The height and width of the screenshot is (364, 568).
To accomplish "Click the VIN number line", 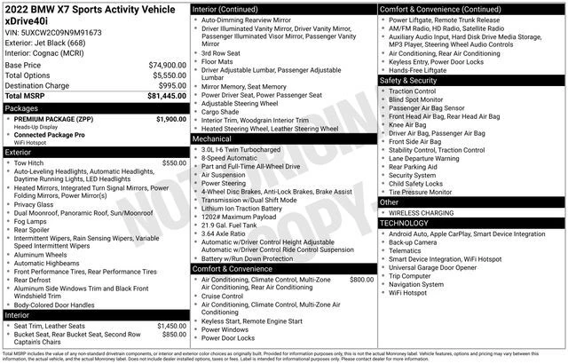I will pos(53,31).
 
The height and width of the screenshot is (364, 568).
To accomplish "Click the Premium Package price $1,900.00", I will pos(170,118).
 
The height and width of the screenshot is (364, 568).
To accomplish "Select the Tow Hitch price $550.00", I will pos(174,163).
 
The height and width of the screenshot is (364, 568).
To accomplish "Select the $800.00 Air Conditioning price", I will pos(361,279).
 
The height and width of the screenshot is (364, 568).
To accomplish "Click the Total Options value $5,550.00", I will pos(166,75).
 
